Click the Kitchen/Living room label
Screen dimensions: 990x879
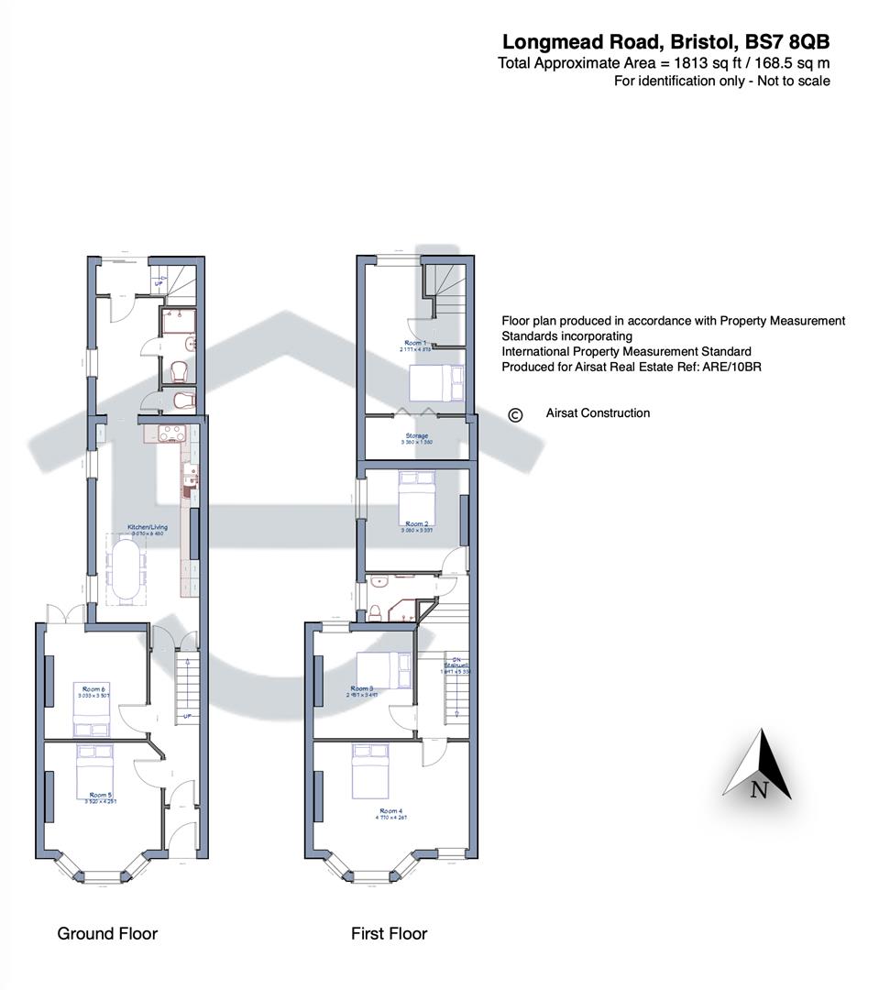tap(147, 528)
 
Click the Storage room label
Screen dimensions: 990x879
tap(417, 436)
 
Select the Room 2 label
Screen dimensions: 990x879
tap(417, 524)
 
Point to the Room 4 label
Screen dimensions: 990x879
tap(390, 810)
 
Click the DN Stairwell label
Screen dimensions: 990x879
tap(456, 663)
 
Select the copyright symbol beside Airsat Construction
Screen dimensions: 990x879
tap(515, 415)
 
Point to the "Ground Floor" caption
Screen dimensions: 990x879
tap(107, 933)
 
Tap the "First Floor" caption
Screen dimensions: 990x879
tap(389, 933)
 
